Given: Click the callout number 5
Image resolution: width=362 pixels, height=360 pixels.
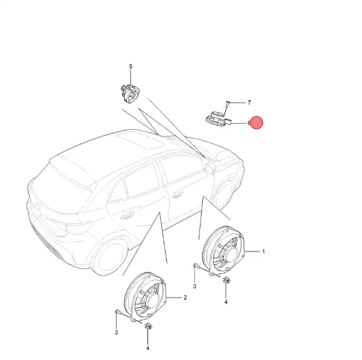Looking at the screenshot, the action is (x=131, y=67).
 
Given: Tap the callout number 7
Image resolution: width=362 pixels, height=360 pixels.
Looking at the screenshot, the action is (x=249, y=103).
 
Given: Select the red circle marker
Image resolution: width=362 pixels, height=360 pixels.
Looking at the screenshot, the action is (x=256, y=123).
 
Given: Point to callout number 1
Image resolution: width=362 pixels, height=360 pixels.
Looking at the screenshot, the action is (x=263, y=251).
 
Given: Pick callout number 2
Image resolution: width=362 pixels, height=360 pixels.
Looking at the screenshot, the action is (x=185, y=298).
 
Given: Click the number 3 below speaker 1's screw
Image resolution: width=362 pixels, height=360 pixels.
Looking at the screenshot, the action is (x=195, y=286).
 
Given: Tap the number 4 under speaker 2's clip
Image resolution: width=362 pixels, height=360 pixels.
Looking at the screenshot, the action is (x=147, y=348).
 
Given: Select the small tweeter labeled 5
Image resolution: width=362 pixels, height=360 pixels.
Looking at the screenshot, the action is (x=130, y=93).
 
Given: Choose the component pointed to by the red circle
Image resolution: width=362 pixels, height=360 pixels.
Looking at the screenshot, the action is (x=218, y=119).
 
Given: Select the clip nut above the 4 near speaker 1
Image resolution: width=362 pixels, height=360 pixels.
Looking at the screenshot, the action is (x=226, y=280).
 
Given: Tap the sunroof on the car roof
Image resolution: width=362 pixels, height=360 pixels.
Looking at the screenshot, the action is (x=141, y=141).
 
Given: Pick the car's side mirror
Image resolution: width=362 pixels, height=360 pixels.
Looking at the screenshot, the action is (x=210, y=168).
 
